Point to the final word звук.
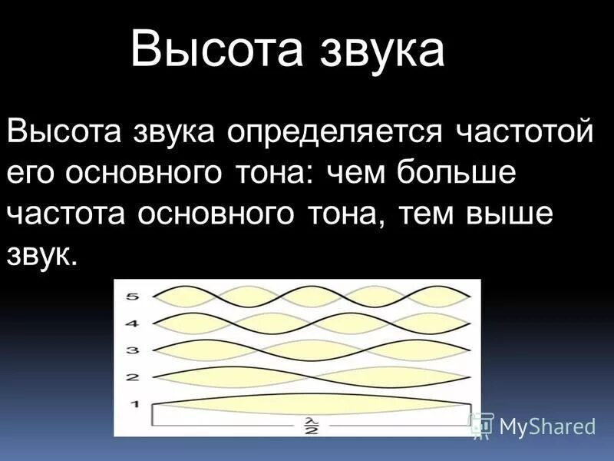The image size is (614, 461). pos(41,256)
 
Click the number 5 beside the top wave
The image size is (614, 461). pos(132,295)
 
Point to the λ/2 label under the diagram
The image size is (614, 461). pos(312,425)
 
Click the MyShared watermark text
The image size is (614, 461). pos(547,425)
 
